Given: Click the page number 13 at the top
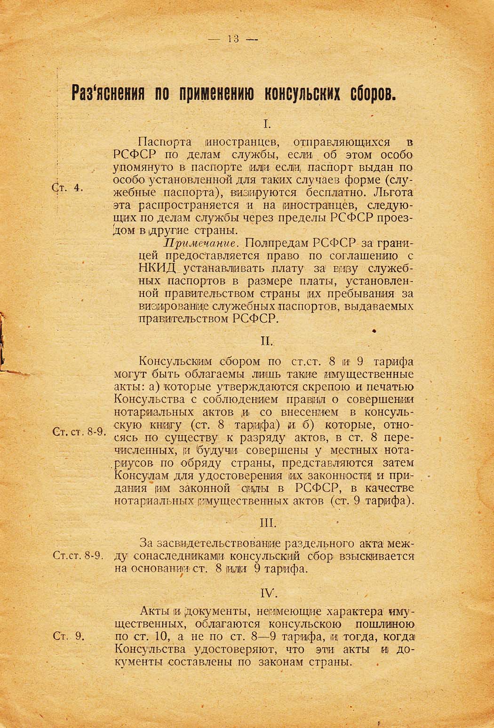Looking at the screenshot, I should click(x=233, y=39).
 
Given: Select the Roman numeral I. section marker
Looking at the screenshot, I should click(x=266, y=124).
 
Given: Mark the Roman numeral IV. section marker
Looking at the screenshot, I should click(x=267, y=592).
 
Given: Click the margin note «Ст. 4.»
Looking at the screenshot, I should click(x=67, y=187).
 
